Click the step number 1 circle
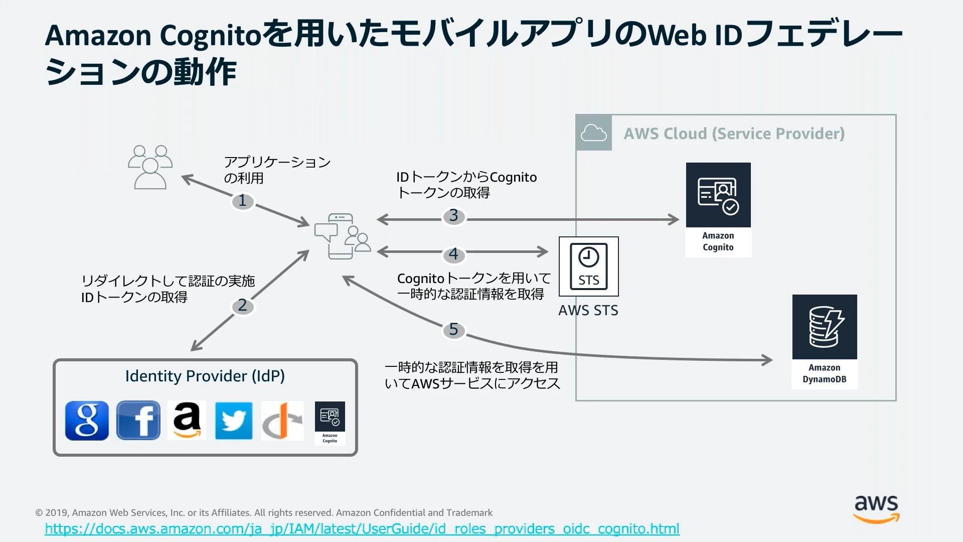click(243, 201)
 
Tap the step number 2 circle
click(243, 306)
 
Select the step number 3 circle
click(454, 216)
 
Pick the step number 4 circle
click(454, 254)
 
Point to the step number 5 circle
click(454, 330)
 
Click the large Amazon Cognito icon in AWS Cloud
click(718, 195)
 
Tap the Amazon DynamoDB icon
click(825, 327)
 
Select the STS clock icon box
click(588, 266)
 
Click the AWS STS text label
click(588, 311)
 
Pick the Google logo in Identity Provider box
click(87, 421)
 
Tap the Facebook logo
click(138, 421)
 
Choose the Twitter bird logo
click(234, 421)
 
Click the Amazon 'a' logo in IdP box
click(187, 421)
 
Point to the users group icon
click(150, 167)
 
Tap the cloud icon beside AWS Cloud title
click(593, 133)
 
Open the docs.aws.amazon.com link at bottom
click(362, 529)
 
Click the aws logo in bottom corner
click(876, 508)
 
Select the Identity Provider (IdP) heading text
click(205, 376)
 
